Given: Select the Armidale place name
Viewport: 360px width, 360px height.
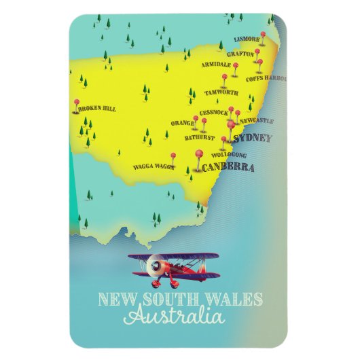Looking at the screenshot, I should (x=216, y=65).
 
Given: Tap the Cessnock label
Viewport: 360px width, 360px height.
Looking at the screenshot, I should (x=213, y=112).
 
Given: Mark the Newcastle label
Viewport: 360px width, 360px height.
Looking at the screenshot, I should (x=257, y=121).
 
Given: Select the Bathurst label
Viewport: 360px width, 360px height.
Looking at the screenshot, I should (x=199, y=137).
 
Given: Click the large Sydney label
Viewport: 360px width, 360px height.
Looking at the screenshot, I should (x=252, y=139).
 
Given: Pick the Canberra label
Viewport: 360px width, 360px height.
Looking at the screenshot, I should (x=229, y=167).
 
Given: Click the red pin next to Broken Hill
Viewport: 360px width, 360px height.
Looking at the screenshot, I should (x=76, y=103).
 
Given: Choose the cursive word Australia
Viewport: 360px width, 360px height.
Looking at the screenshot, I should (x=174, y=317).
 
